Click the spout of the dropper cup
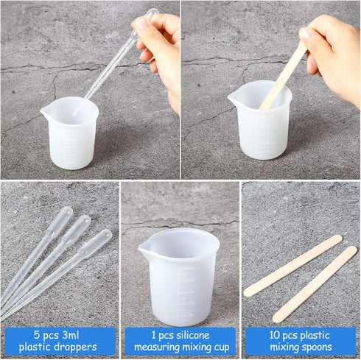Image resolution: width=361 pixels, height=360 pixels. click(x=46, y=113)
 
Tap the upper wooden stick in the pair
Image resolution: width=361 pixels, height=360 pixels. click(x=292, y=266)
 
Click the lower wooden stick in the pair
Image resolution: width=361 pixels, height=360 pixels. click(x=315, y=284)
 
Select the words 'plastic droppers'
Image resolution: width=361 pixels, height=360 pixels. click(x=60, y=347)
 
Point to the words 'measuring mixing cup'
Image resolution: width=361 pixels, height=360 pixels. click(x=180, y=347)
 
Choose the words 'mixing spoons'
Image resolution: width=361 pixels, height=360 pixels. click(x=300, y=347)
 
